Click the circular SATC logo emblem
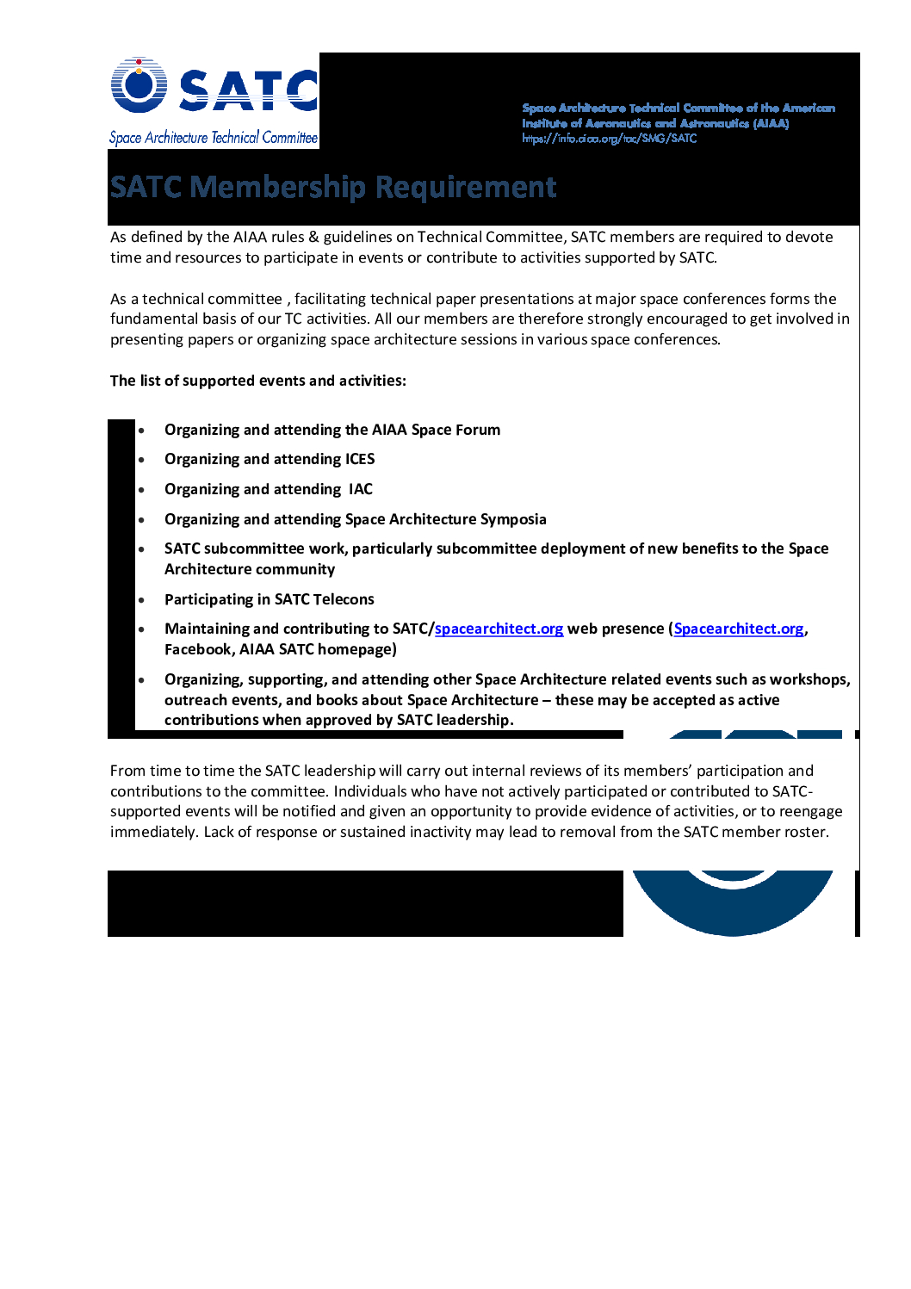[139, 85]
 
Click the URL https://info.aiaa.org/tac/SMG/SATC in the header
[609, 139]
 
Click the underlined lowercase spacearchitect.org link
[499, 629]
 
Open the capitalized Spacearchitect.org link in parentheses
[738, 629]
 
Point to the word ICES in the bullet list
[360, 459]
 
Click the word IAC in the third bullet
[361, 489]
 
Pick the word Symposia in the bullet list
[513, 519]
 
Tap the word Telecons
[343, 599]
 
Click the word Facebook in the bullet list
[197, 649]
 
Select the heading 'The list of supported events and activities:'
[258, 381]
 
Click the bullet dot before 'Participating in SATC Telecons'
[141, 600]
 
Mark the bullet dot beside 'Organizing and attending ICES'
[141, 460]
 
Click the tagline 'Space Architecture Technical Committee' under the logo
[214, 138]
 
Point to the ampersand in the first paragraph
[313, 237]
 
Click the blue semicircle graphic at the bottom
[733, 904]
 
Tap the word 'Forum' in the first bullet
[477, 430]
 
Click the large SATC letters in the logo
[248, 90]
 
